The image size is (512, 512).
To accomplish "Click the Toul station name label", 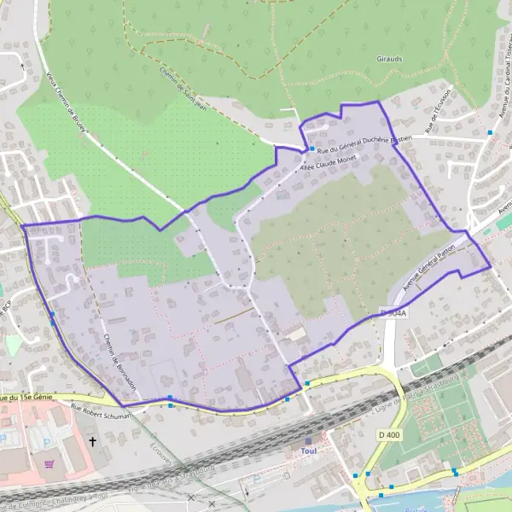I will tap(309, 451).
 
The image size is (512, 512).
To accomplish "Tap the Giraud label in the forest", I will tap(390, 61).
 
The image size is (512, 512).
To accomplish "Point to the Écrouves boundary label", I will tap(160, 456).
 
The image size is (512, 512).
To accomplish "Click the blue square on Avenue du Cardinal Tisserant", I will tap(490, 132).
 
